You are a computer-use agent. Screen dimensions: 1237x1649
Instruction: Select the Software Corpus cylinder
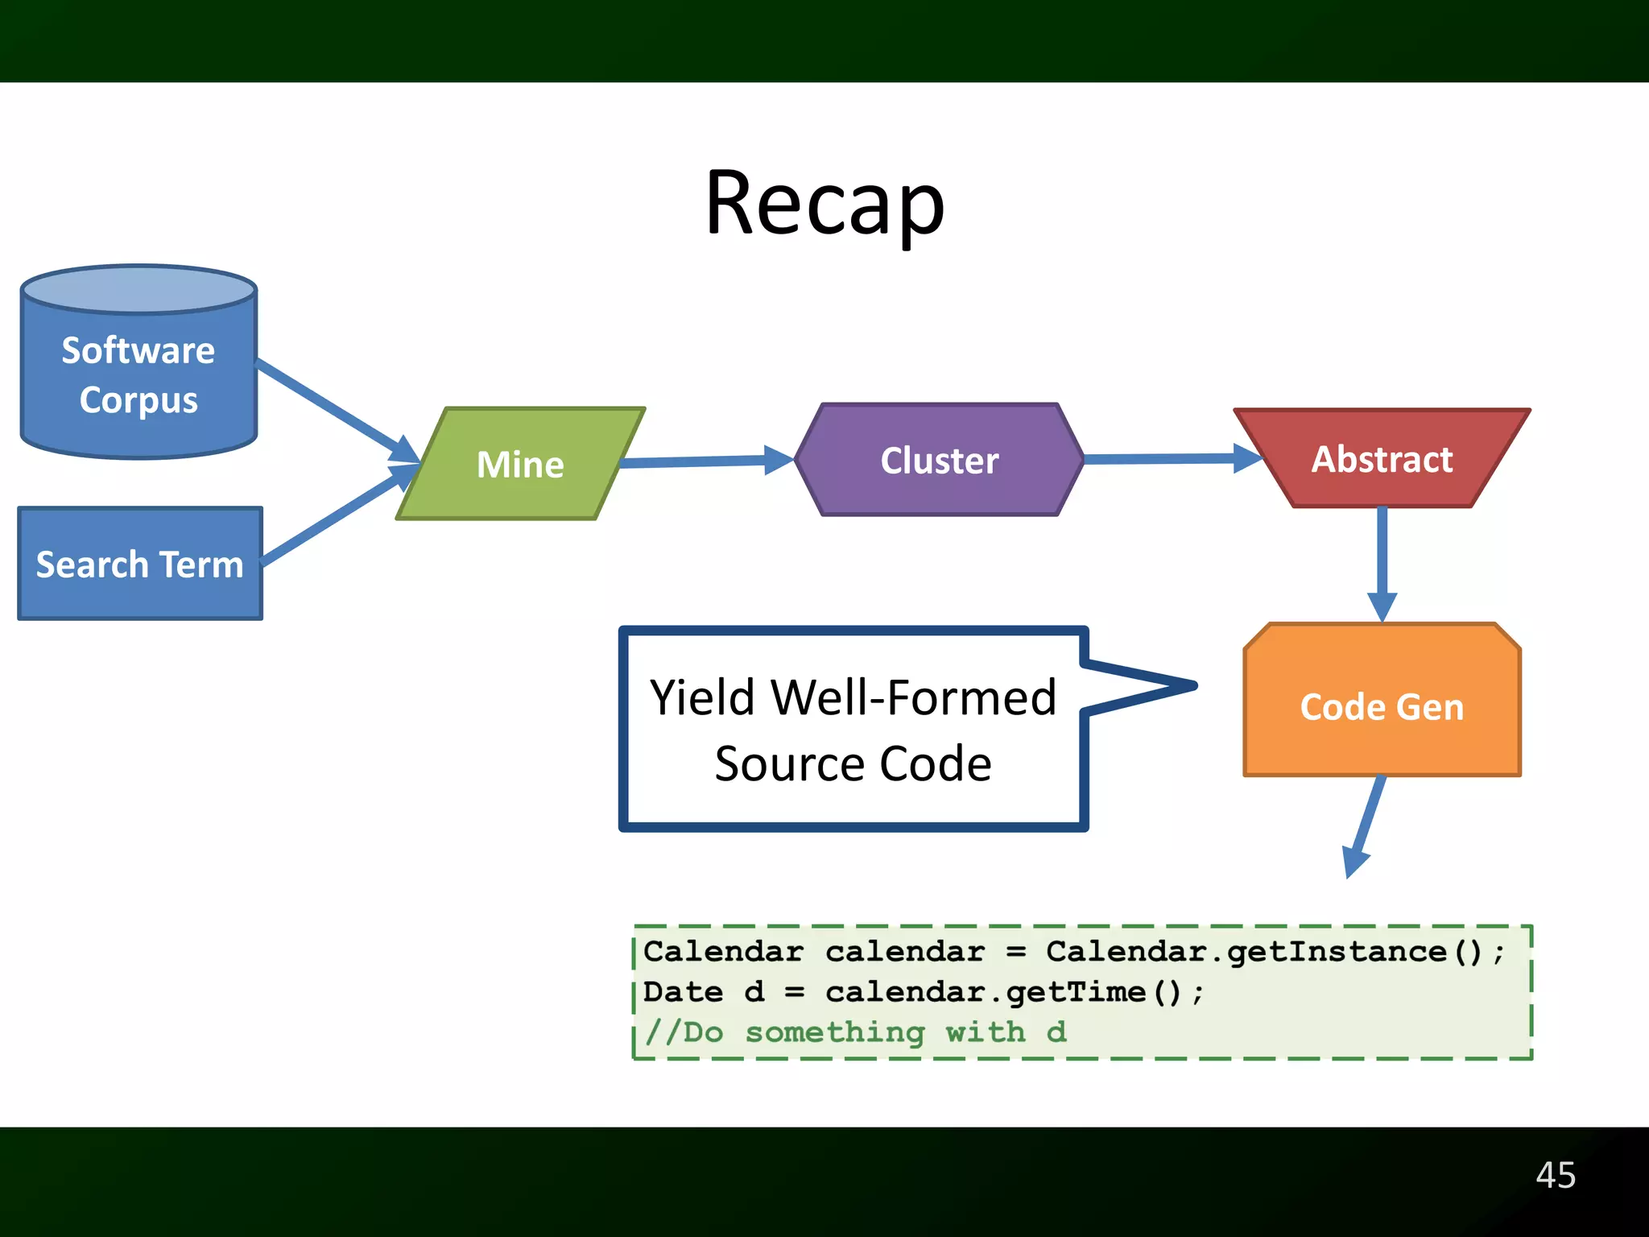138,374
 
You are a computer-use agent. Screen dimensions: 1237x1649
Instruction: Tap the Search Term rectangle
140,564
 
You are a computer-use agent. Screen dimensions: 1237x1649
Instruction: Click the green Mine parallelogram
520,464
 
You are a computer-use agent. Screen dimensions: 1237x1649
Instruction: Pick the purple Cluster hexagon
939,460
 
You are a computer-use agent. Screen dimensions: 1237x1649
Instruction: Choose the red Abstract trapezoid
1382,459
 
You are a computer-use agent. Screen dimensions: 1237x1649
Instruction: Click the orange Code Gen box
1382,705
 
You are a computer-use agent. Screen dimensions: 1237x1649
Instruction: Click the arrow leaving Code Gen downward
1366,825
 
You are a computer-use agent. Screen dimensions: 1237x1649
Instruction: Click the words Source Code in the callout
853,763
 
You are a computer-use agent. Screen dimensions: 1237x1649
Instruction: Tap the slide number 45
1555,1175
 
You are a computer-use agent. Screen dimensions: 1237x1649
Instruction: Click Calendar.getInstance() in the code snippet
1264,952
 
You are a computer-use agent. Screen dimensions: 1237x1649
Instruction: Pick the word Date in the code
683,992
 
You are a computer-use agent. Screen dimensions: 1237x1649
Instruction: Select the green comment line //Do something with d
855,1032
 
